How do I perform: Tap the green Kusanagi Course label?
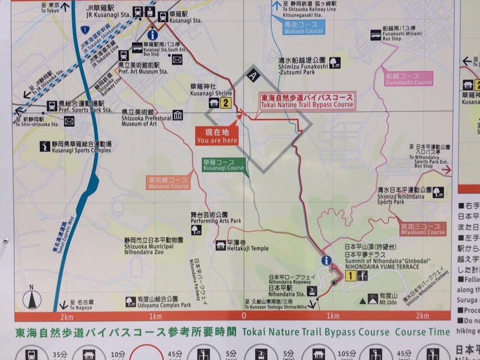point(224,164)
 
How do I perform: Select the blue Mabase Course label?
point(304,27)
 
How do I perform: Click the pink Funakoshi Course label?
point(409,79)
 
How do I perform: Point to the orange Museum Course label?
point(169,182)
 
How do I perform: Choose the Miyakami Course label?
point(423,229)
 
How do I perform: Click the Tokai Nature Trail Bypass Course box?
point(307,101)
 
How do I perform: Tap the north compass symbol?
point(32,298)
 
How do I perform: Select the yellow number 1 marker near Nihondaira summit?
point(350,276)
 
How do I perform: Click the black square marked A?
point(253,75)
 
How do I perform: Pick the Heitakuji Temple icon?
point(220,245)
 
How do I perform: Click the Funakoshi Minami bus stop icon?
point(375,35)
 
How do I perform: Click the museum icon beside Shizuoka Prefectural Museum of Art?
point(178,115)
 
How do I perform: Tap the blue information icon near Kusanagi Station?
point(151,35)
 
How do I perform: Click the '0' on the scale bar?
point(244,316)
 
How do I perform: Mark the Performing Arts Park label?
point(216,218)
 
